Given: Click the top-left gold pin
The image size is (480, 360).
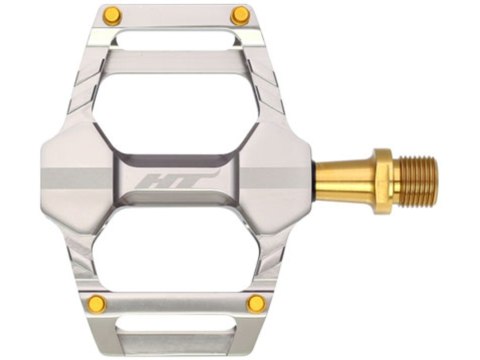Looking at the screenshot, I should click(x=112, y=15).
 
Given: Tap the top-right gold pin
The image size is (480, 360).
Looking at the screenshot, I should click(x=240, y=15).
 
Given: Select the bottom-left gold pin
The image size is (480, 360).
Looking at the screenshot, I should click(x=96, y=303).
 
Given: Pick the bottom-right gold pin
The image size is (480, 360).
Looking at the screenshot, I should click(x=257, y=303).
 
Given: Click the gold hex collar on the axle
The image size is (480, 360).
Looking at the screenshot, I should click(x=382, y=182).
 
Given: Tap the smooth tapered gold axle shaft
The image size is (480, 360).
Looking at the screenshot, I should click(x=345, y=182).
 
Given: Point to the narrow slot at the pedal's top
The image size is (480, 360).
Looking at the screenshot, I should click(x=176, y=39).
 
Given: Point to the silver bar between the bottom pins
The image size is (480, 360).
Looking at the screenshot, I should click(x=176, y=303).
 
